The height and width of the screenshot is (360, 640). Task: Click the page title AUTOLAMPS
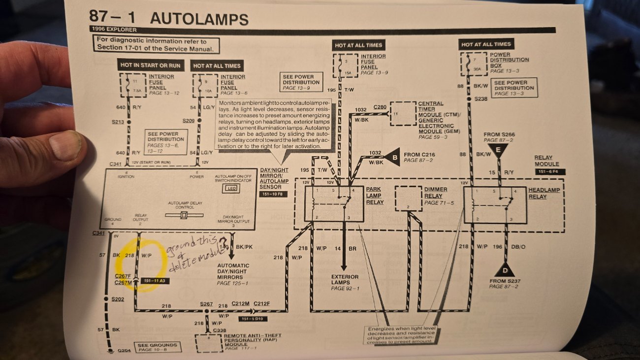pyautogui.click(x=199, y=19)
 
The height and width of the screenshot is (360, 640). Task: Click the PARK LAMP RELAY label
pyautogui.click(x=374, y=196)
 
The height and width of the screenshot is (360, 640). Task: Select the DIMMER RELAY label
pyautogui.click(x=435, y=193)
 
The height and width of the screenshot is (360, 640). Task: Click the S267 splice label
pyautogui.click(x=207, y=304)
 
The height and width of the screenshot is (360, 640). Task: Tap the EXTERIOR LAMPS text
pyautogui.click(x=345, y=280)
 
